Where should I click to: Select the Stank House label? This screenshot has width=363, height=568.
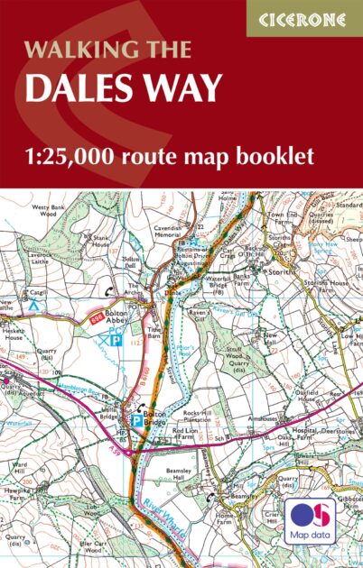[101, 243]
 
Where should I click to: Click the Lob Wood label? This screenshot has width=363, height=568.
[90, 485]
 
